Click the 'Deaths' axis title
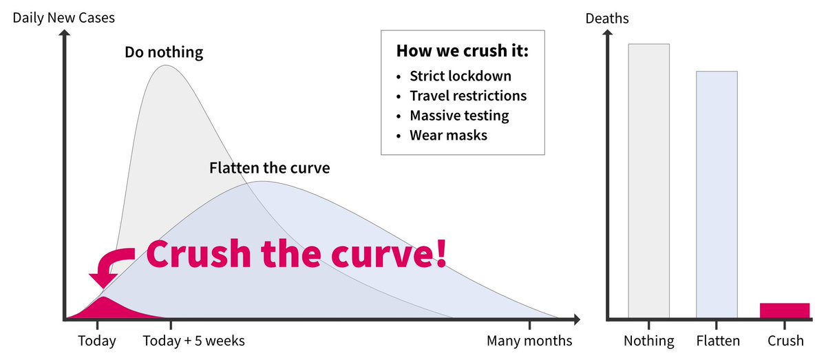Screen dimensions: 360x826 click(606, 19)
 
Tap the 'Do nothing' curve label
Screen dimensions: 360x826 click(164, 52)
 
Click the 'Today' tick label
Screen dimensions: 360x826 click(97, 341)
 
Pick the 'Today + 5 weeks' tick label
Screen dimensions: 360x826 click(193, 341)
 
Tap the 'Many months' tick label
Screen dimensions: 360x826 click(529, 341)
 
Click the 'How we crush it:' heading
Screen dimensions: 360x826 click(463, 52)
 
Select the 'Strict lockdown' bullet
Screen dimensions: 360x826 click(460, 76)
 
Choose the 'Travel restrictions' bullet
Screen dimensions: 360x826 click(468, 96)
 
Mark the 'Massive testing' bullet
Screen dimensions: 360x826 click(459, 116)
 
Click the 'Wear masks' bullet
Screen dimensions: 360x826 click(448, 135)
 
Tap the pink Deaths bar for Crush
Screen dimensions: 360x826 click(785, 310)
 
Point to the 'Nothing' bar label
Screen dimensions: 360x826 click(648, 341)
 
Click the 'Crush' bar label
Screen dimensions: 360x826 click(785, 341)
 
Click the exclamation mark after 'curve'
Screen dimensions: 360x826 click(439, 253)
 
